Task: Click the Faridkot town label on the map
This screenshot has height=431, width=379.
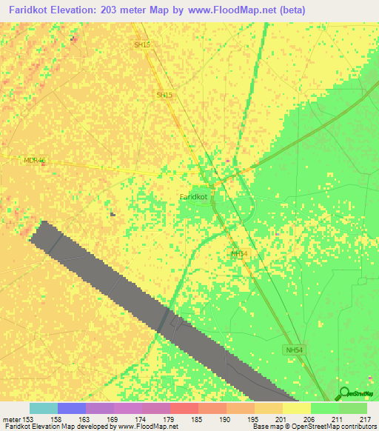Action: (193, 197)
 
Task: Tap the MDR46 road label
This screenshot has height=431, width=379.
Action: (34, 160)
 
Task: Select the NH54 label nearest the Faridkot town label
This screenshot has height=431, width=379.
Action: (238, 254)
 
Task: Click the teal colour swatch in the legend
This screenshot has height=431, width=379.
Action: (44, 408)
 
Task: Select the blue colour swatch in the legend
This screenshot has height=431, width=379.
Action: (72, 408)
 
